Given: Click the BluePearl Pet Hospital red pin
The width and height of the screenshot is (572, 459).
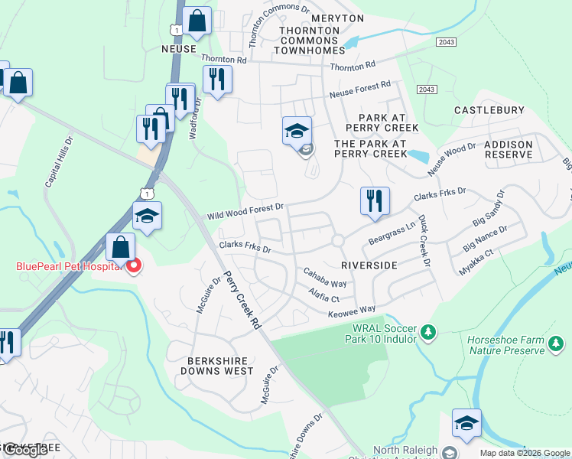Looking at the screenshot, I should click(x=134, y=266).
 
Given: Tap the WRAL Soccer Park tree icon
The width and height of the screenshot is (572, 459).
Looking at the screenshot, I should click(x=429, y=333).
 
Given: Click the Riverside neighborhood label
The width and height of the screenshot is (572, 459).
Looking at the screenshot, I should click(x=369, y=265).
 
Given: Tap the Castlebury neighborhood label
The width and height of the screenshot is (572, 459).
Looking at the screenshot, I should click(x=489, y=111).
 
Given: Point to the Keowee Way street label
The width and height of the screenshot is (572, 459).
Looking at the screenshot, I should click(x=353, y=308).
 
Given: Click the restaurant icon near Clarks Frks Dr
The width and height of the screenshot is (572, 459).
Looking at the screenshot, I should click(x=375, y=200).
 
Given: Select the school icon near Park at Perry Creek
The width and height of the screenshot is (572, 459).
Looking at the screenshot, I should click(x=297, y=131).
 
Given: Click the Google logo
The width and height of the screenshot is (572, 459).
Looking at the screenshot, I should click(x=24, y=450).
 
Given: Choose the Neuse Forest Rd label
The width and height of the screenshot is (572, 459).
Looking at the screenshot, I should click(x=359, y=90).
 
